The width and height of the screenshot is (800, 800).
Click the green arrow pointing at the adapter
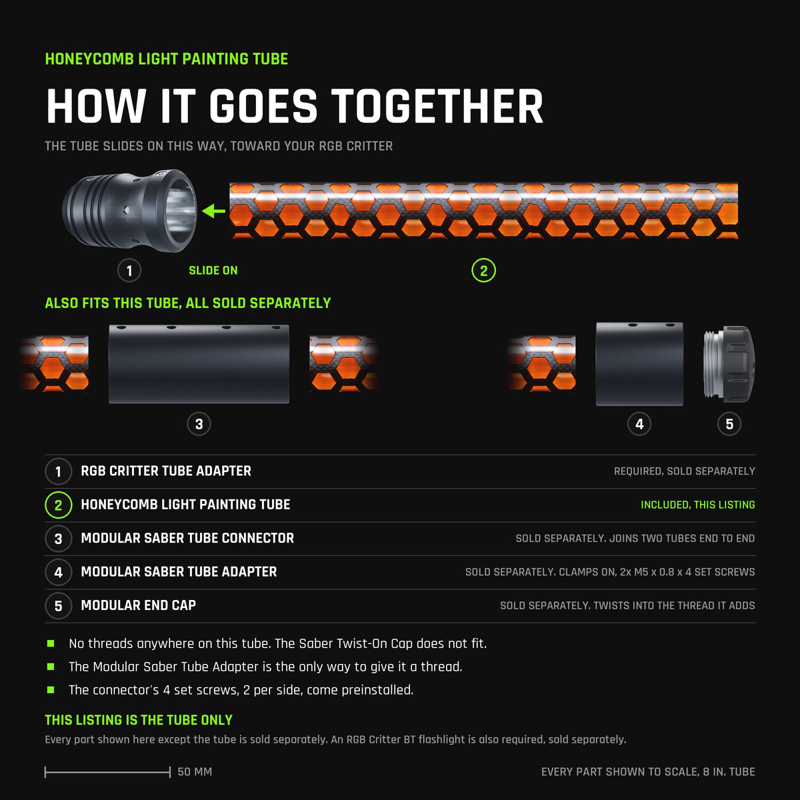[x=213, y=211]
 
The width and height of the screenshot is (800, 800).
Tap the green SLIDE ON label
[x=213, y=271]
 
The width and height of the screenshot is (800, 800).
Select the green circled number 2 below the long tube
[x=483, y=271]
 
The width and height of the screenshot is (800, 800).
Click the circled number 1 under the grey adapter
[x=129, y=271]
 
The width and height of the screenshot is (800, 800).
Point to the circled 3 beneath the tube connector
[x=199, y=424]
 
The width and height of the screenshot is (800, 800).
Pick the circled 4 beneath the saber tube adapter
[x=639, y=424]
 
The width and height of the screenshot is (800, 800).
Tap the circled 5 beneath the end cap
[x=729, y=424]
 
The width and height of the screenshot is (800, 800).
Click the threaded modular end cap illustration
[x=729, y=364]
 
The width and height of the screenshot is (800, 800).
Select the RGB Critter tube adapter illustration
[x=129, y=211]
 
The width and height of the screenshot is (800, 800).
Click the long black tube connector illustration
[x=199, y=364]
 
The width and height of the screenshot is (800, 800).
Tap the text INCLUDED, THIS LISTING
[x=698, y=505]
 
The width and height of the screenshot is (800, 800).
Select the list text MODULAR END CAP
[x=138, y=605]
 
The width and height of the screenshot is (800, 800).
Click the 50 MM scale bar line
[x=107, y=772]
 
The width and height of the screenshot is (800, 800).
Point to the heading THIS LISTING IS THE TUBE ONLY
[x=139, y=720]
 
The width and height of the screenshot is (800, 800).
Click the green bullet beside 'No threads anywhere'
[x=51, y=643]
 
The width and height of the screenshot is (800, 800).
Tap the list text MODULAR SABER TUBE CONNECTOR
[x=187, y=538]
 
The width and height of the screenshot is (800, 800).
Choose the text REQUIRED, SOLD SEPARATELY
[x=685, y=471]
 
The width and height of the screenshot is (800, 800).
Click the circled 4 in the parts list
[x=59, y=572]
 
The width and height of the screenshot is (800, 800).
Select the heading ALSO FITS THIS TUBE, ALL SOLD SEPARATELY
[x=187, y=303]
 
